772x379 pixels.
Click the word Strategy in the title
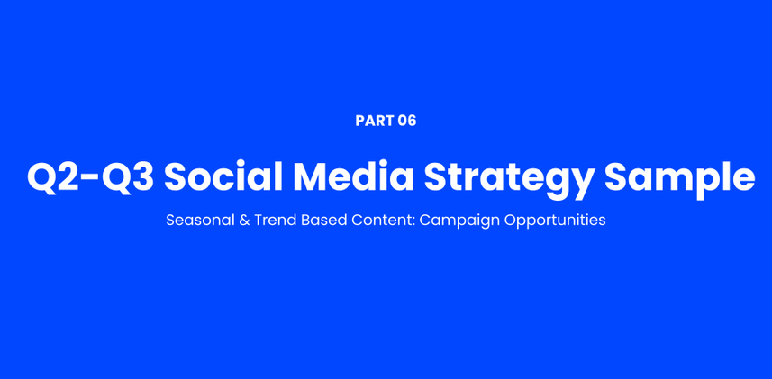(508, 180)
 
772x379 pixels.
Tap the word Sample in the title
(679, 180)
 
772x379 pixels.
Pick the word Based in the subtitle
(320, 220)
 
